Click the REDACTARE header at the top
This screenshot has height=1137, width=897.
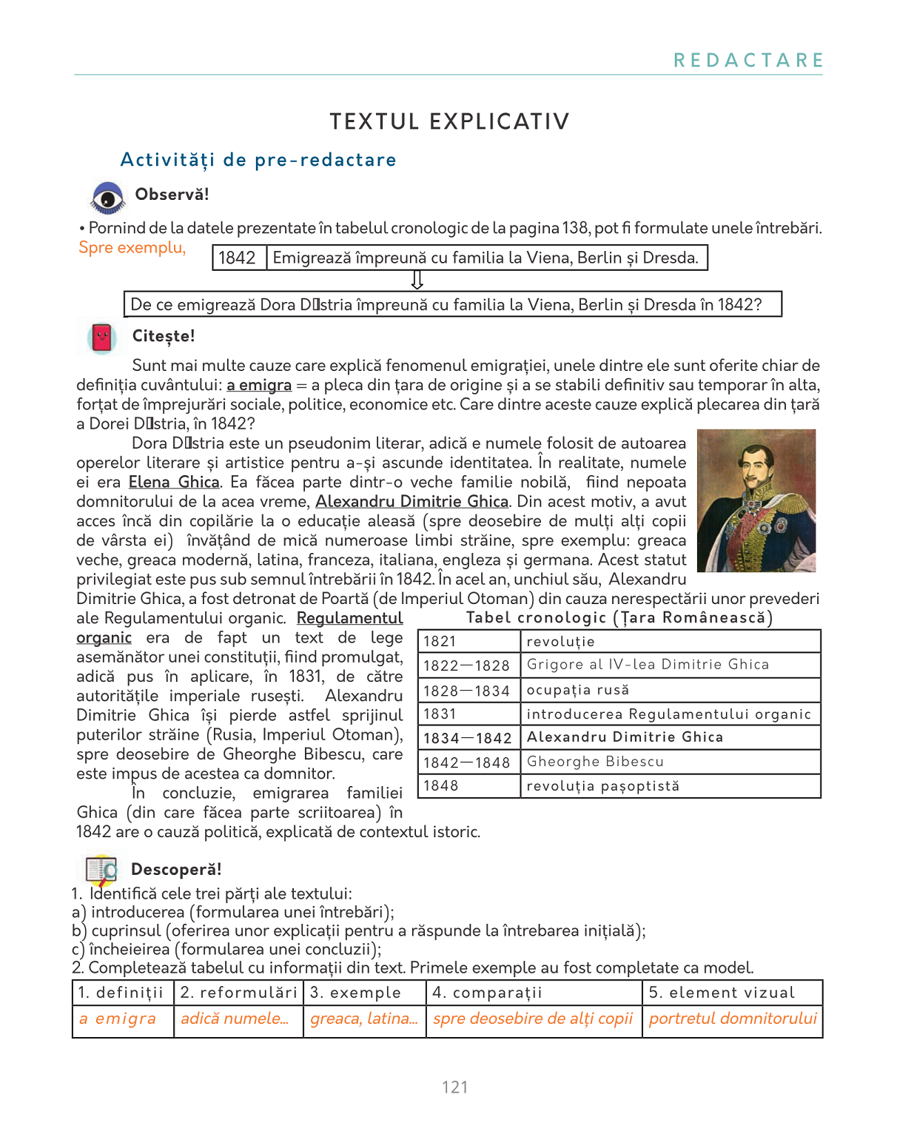click(x=748, y=61)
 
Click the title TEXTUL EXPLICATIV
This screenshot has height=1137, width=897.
click(x=449, y=121)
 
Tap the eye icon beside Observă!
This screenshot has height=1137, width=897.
click(x=108, y=198)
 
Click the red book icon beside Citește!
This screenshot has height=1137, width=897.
click(x=102, y=338)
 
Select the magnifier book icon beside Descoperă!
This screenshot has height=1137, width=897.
click(x=101, y=870)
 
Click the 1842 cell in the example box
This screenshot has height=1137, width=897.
click(x=238, y=258)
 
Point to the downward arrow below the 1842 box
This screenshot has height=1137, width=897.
click(x=417, y=280)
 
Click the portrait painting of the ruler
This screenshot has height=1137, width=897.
click(x=756, y=500)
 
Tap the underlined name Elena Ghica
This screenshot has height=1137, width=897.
click(x=174, y=482)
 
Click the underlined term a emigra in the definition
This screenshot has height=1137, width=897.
click(x=259, y=385)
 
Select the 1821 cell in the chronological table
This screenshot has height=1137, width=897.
click(x=468, y=641)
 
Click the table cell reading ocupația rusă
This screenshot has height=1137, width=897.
click(x=670, y=690)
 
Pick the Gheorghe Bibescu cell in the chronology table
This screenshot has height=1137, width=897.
click(x=670, y=762)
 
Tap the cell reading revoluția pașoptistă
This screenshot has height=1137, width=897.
click(x=670, y=786)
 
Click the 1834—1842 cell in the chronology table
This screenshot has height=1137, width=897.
click(x=468, y=738)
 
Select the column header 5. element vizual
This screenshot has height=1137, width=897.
click(x=732, y=993)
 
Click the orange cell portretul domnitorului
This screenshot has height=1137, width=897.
click(x=732, y=1019)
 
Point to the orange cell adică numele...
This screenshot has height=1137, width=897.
click(x=238, y=1019)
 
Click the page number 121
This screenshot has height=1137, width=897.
click(x=454, y=1087)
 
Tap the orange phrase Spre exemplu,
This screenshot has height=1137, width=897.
click(x=132, y=248)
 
